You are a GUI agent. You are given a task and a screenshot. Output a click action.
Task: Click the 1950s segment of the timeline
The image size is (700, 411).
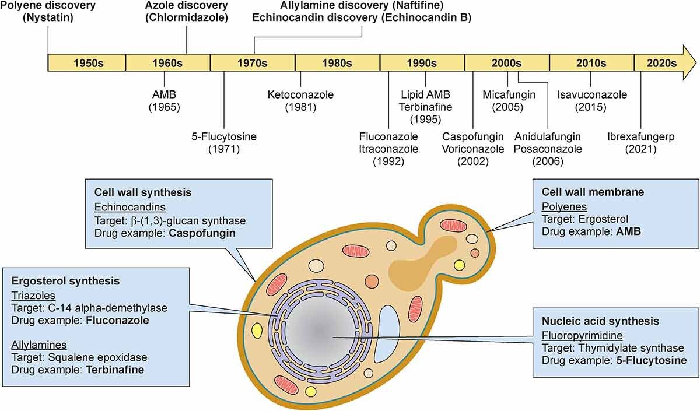(x=86, y=63)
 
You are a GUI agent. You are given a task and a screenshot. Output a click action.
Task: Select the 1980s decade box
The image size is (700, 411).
(x=338, y=63)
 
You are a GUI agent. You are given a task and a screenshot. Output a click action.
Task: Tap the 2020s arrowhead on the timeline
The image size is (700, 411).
(x=689, y=63)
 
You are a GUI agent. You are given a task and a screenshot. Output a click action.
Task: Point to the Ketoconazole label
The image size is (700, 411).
(x=300, y=94)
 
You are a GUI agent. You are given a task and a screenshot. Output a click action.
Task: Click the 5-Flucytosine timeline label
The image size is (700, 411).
(x=224, y=136)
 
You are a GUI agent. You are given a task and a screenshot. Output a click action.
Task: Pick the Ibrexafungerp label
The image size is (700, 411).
(x=641, y=136)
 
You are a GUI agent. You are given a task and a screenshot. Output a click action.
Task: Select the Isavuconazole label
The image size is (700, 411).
(x=592, y=94)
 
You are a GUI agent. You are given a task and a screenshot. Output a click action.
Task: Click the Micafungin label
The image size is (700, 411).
(x=509, y=94)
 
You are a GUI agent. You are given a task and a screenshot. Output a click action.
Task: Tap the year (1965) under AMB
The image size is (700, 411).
(x=164, y=107)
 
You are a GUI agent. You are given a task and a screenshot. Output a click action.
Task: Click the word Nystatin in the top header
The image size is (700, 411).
(x=48, y=17)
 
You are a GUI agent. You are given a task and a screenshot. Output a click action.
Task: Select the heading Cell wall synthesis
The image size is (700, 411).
(x=143, y=192)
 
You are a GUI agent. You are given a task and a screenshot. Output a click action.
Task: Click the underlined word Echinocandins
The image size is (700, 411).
(x=130, y=207)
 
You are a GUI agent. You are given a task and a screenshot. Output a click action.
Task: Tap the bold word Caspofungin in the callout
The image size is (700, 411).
(x=202, y=233)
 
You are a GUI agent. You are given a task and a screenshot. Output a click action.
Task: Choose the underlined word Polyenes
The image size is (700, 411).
(x=565, y=206)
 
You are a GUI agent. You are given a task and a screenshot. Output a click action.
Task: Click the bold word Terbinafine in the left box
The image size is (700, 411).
(x=115, y=370)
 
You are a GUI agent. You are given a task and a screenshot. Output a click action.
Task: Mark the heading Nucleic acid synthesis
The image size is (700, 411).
(x=601, y=321)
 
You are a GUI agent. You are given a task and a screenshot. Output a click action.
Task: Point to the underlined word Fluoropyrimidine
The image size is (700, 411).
(x=583, y=336)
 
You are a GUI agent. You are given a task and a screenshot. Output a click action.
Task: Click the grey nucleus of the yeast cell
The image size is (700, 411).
(x=321, y=333)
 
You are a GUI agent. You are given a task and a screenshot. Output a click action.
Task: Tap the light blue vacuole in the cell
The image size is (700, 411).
(x=387, y=339)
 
